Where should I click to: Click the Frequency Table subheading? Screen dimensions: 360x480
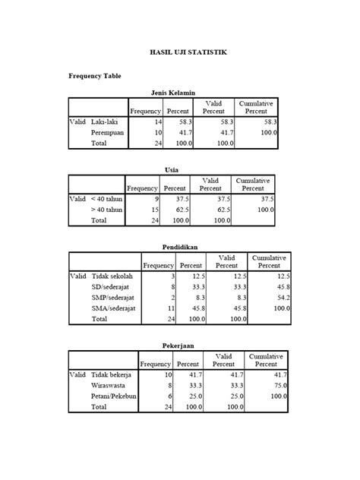pos(95,76)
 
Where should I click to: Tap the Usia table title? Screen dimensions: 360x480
pos(172,169)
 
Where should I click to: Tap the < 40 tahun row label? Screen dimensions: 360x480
pos(106,199)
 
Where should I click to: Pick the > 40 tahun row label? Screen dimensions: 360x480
pos(106,210)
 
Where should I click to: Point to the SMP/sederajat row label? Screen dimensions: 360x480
pos(114,298)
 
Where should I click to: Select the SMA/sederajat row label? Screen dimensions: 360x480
pos(114,309)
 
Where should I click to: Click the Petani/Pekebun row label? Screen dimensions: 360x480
pos(114,396)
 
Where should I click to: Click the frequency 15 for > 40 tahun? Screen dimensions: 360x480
pos(154,210)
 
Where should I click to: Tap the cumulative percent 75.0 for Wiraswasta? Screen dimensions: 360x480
pos(281,385)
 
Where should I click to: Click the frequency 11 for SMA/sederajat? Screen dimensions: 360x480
pos(171,309)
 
